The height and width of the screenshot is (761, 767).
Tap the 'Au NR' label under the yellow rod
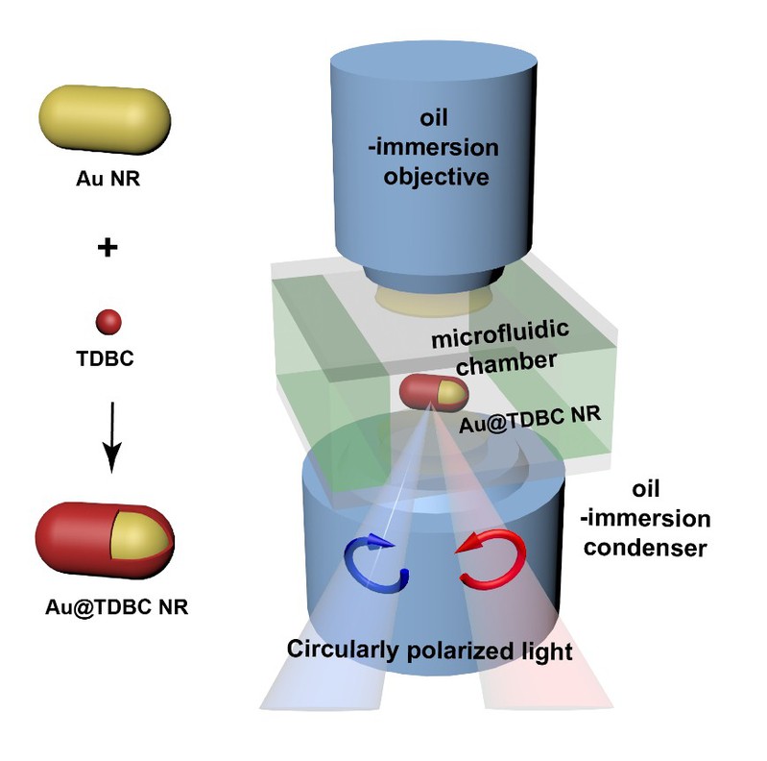pyautogui.click(x=108, y=179)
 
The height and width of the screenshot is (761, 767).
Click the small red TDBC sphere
pyautogui.click(x=108, y=321)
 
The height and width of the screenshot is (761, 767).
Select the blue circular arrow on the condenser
pyautogui.click(x=378, y=563)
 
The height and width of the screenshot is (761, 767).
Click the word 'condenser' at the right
pyautogui.click(x=660, y=549)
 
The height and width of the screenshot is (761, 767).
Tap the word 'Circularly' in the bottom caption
pyautogui.click(x=340, y=650)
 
